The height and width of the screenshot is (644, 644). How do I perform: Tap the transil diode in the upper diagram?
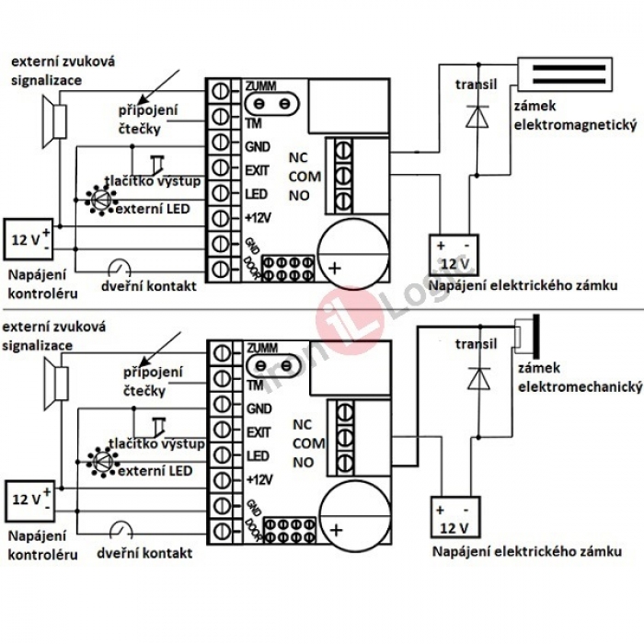point(477,114)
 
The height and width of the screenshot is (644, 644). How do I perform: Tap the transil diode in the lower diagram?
point(477,376)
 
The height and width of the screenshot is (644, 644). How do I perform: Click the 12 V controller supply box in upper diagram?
point(29,242)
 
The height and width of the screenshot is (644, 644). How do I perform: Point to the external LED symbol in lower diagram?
point(99,457)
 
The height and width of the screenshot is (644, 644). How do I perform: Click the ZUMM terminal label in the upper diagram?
point(260,86)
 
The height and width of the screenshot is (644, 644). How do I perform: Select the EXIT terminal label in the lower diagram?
point(259,431)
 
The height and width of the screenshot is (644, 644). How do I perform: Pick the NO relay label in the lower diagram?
point(303,462)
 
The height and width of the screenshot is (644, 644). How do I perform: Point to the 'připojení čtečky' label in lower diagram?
point(155,381)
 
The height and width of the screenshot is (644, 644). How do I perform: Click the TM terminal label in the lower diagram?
point(254,385)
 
